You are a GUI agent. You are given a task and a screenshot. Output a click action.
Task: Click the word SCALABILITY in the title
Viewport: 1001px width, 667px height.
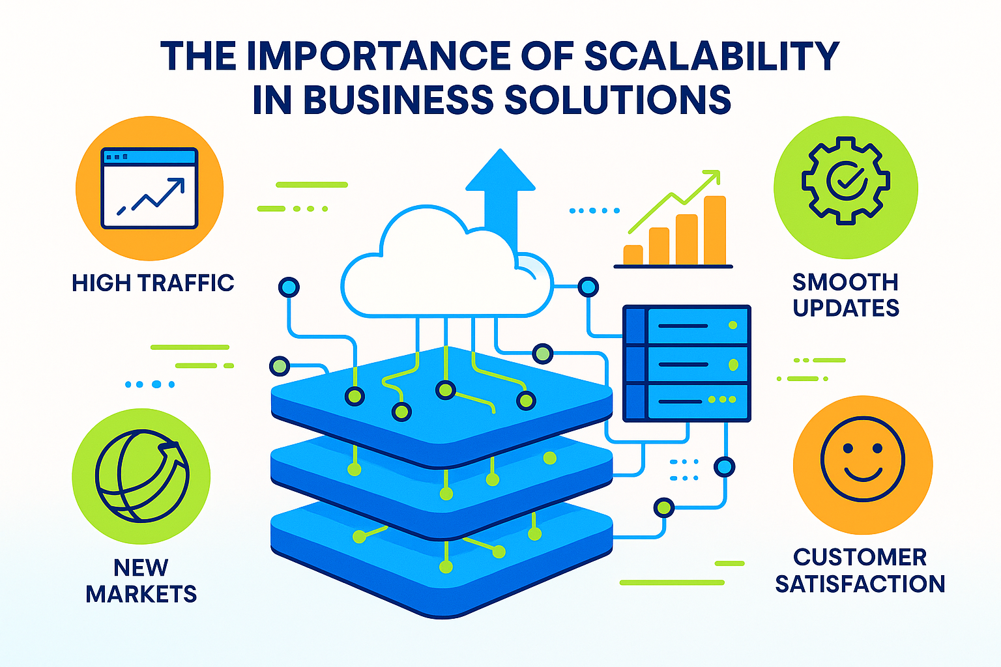coord(712,56)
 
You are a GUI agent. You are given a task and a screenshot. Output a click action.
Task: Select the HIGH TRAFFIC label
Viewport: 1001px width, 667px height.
coord(153,283)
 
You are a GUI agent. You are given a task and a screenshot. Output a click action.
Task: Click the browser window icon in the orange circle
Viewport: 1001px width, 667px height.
coord(149,188)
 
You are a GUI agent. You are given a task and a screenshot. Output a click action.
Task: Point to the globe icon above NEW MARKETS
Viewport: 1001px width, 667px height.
coord(142,475)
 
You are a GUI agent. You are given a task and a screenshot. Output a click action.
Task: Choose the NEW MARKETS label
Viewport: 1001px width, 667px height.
coord(141,581)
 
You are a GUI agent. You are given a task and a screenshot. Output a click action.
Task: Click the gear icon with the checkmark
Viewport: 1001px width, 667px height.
coord(845,181)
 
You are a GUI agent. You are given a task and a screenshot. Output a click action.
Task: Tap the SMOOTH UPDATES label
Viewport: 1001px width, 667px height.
coord(846,295)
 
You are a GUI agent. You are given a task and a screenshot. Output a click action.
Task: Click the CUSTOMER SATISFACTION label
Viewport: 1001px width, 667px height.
coord(860,571)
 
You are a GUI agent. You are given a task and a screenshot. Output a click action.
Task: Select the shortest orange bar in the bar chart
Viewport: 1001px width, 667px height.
coord(633,255)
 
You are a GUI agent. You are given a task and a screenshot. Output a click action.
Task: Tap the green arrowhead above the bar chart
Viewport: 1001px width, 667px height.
coord(712,177)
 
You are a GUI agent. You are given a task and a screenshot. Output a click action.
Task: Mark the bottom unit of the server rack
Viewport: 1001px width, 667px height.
coord(687,401)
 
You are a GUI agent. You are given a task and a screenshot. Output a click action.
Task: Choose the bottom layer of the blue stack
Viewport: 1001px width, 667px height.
coord(442,573)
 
